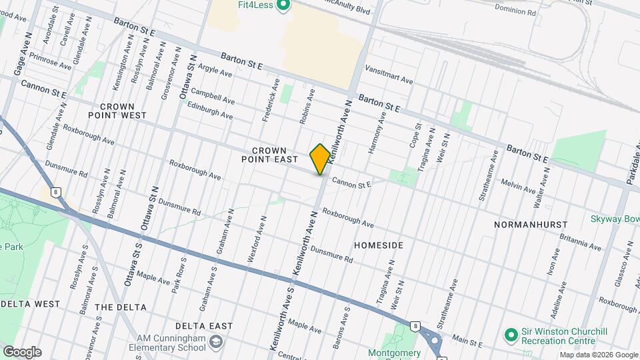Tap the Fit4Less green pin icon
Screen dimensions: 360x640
(x=283, y=6)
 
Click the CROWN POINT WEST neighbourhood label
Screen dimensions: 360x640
(x=123, y=111)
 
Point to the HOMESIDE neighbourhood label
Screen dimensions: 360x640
(x=379, y=245)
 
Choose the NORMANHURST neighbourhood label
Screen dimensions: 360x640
(x=531, y=225)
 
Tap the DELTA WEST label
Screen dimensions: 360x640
(x=31, y=304)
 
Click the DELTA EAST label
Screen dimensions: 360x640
(x=204, y=326)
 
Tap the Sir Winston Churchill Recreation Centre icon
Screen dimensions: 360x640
(x=511, y=334)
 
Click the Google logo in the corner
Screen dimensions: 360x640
(x=22, y=351)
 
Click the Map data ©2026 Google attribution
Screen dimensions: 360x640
(x=599, y=355)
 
